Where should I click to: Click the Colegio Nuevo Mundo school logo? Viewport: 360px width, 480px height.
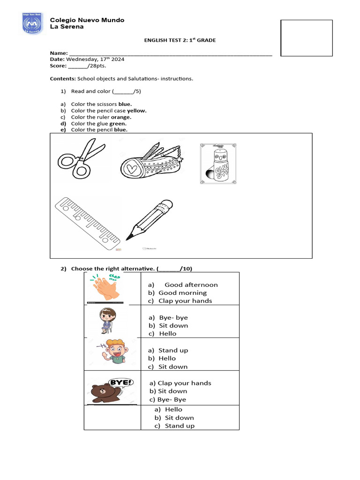[x=33, y=23]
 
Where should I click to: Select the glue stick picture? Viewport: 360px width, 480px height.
[x=218, y=163]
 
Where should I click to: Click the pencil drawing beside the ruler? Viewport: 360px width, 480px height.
[x=149, y=219]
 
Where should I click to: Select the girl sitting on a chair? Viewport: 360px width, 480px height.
[x=107, y=322]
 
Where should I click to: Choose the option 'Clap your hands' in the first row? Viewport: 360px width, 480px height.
[x=185, y=301]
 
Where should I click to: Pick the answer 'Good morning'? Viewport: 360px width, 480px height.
[x=182, y=293]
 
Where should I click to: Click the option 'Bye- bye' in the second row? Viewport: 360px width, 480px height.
[x=173, y=318]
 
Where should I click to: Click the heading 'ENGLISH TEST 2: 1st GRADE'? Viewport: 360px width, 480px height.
[x=180, y=40]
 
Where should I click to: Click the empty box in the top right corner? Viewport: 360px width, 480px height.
[x=306, y=38]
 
